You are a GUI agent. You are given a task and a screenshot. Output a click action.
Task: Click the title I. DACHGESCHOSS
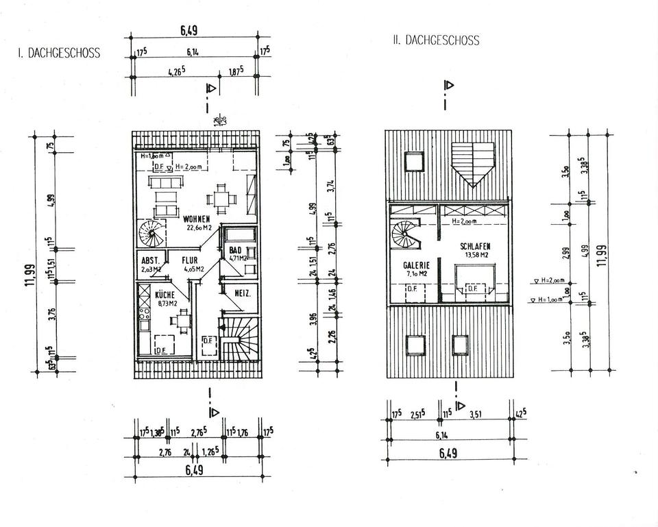click(58, 53)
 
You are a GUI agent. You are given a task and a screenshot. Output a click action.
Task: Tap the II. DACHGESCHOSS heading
click(436, 40)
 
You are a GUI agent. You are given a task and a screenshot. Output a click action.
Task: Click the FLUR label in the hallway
click(189, 260)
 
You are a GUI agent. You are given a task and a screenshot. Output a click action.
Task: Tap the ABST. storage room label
click(150, 260)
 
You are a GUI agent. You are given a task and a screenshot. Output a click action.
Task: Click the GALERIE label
click(416, 265)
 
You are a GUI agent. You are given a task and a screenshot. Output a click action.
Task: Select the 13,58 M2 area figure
click(474, 254)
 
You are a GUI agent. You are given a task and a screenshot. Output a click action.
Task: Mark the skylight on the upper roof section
click(413, 161)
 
